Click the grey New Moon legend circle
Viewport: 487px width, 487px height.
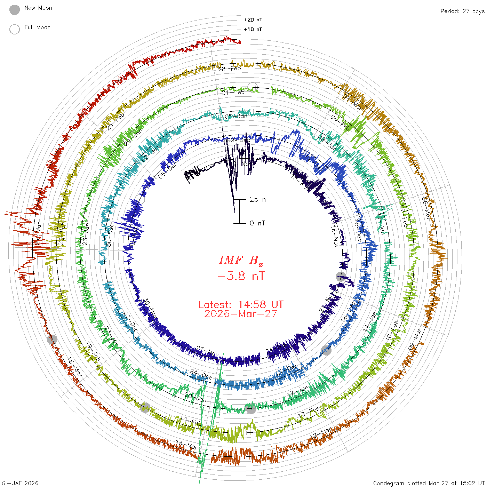15,10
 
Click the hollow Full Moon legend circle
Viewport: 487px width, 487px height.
15,29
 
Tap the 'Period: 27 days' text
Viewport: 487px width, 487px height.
462,11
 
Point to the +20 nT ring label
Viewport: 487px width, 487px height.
253,20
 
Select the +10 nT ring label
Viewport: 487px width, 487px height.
253,29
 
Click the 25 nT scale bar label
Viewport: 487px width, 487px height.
260,199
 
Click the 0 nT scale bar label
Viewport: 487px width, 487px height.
257,223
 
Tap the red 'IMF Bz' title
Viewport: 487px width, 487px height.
241,260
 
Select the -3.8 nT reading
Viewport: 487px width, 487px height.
241,276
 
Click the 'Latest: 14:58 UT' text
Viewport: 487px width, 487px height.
241,305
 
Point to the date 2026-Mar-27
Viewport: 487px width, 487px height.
241,314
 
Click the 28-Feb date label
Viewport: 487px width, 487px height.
230,69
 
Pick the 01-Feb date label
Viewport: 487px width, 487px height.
233,92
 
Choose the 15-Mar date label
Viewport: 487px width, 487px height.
187,444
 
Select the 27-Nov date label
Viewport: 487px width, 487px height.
207,352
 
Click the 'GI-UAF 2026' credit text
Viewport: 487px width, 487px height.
20,483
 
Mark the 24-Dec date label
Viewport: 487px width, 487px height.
201,374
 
